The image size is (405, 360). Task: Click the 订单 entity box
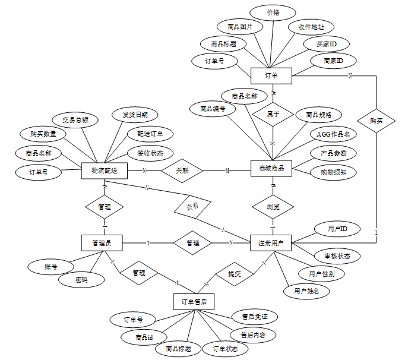271,75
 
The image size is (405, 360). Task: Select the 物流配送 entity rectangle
105,170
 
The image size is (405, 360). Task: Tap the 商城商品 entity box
271,169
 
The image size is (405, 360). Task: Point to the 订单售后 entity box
194,302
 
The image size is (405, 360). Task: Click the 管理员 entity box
105,242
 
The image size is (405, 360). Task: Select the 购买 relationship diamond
376,121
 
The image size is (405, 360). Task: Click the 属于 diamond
273,113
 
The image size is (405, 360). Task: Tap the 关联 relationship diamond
182,170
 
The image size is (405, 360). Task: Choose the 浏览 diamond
273,207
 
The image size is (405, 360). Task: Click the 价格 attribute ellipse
273,12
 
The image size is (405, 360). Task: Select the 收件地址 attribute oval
311,27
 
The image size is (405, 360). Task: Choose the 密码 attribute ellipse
81,280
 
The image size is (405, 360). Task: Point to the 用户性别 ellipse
321,274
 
